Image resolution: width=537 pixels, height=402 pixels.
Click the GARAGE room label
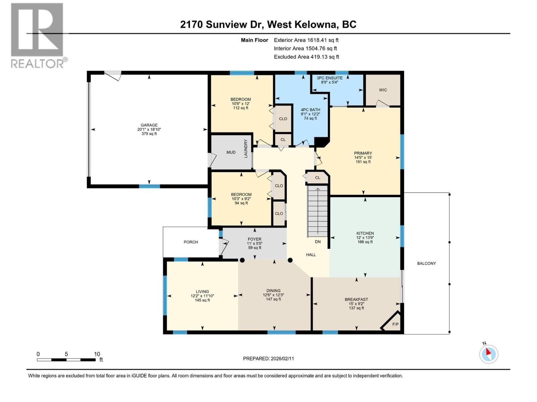[x=149, y=125]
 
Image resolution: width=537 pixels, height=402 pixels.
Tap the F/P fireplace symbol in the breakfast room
[x=395, y=324]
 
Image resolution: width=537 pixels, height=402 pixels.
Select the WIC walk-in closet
[x=383, y=90]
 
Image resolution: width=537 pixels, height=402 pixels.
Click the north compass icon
[x=488, y=354]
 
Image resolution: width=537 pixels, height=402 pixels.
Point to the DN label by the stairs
[x=318, y=242]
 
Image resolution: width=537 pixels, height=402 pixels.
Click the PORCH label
[x=191, y=242]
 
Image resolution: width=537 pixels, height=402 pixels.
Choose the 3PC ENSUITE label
[x=330, y=78]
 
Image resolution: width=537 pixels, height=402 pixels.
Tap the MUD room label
[x=231, y=152]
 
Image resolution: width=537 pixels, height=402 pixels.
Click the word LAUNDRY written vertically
[x=246, y=148]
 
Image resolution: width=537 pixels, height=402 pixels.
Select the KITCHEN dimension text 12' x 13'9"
[x=365, y=238]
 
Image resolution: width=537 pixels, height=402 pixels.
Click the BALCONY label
[x=426, y=263]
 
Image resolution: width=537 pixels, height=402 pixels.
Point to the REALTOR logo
[x=38, y=35]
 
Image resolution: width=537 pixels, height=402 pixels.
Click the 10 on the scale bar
[x=97, y=354]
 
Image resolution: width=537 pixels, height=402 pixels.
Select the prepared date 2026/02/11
[x=282, y=358]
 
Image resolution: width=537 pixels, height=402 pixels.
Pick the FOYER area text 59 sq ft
[x=254, y=248]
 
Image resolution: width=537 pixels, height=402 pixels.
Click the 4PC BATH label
[x=310, y=110]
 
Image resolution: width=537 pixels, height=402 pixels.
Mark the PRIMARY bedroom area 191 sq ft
[x=363, y=162]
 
